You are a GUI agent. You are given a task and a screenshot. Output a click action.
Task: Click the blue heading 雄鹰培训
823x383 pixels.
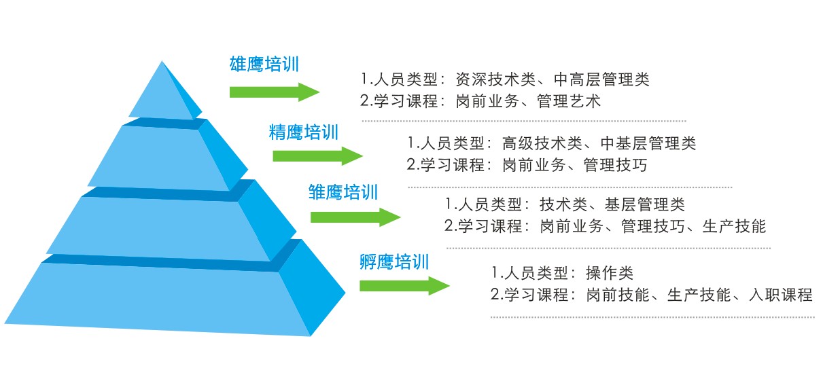point(264,65)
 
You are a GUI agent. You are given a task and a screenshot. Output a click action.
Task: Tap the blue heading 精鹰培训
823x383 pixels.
point(304,132)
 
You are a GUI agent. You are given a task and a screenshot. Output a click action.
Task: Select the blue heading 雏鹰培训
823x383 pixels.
point(343,192)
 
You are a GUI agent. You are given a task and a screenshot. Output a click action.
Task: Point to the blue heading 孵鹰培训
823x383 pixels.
point(394,262)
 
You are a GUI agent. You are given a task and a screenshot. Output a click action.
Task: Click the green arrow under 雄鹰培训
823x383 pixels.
point(275,92)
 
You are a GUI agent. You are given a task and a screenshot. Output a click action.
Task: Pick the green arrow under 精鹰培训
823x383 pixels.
point(318,156)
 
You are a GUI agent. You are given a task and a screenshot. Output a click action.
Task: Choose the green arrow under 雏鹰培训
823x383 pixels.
point(355,217)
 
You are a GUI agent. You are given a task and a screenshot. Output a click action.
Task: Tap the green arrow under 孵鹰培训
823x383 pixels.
point(404,286)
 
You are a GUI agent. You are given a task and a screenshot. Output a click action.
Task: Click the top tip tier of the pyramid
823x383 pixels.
point(165,92)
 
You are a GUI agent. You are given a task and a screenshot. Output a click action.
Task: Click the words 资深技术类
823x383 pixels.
point(495,79)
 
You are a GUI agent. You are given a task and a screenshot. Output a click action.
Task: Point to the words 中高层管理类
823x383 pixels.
point(601,79)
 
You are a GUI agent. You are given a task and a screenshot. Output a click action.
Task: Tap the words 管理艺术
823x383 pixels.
point(569,101)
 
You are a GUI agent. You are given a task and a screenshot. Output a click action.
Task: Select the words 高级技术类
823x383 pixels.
point(542,143)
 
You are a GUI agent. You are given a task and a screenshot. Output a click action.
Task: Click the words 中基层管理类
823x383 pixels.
point(648,143)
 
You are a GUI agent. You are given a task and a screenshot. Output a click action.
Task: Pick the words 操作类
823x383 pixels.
point(610,273)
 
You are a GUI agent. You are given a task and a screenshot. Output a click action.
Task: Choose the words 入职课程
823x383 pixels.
point(781,295)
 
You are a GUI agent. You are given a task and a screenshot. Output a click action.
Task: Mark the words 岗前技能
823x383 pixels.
point(618,295)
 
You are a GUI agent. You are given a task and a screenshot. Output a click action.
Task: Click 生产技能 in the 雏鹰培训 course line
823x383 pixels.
point(734,226)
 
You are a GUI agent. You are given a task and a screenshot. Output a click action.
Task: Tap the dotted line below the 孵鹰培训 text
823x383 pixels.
point(652,317)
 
